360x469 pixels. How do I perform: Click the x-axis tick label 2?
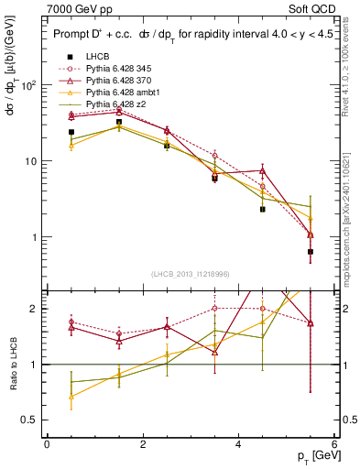click(x=143, y=444)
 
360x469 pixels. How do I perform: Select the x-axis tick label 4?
click(x=238, y=444)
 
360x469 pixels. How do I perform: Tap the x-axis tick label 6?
click(x=334, y=444)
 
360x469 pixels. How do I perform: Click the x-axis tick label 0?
click(x=47, y=444)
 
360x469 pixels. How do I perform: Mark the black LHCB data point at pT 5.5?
click(x=311, y=252)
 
